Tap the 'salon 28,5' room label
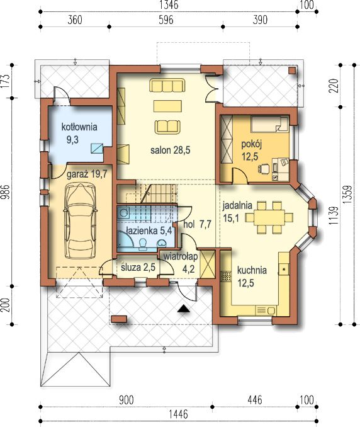171,150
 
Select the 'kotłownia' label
79,127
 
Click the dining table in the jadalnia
269,217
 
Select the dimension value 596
166,20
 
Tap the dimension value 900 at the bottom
127,400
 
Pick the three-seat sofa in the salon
167,86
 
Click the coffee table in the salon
167,106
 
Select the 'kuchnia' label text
252,270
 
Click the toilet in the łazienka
142,244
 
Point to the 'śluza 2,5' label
138,268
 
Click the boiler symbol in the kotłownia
97,148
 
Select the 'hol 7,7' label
197,225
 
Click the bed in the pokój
269,124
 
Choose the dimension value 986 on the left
6,192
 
